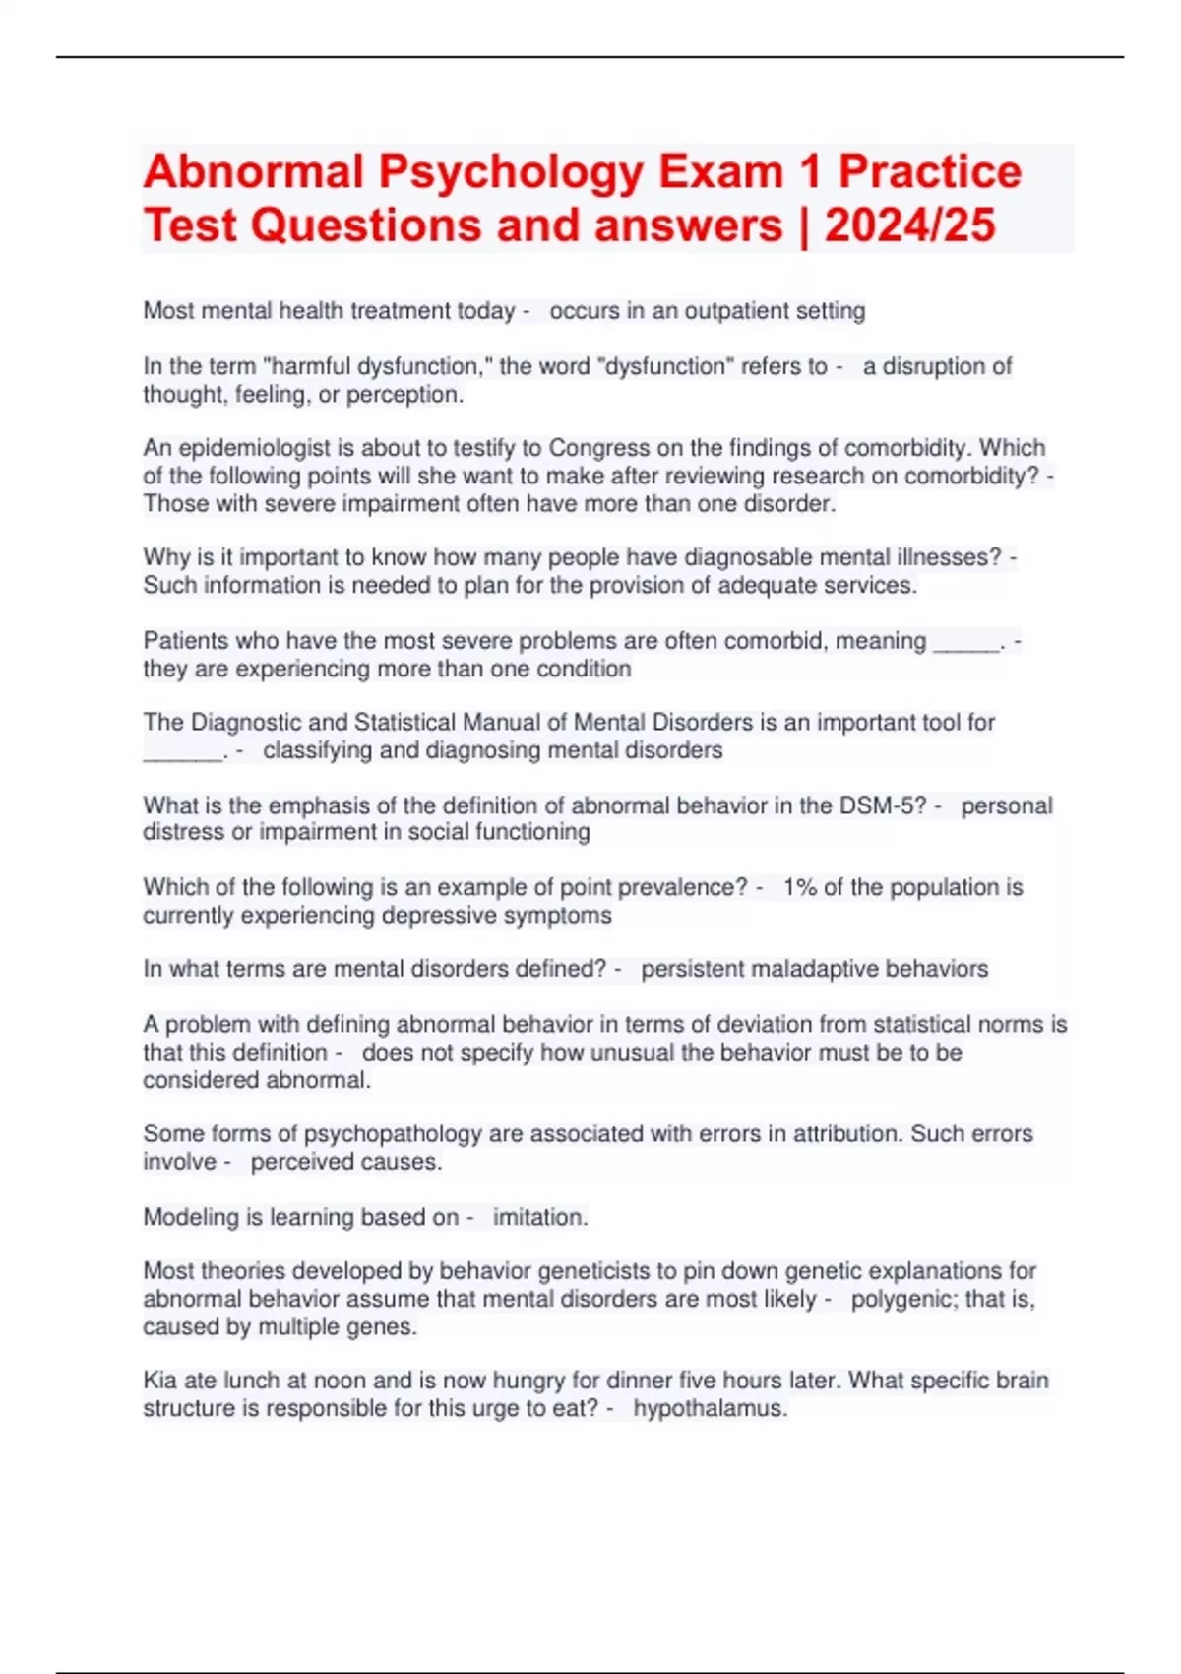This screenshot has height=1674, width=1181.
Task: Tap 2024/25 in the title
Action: coord(909,225)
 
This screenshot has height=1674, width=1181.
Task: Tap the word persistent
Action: coord(692,969)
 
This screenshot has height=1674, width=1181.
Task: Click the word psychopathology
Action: coord(393,1134)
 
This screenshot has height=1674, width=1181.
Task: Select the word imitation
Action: coord(539,1218)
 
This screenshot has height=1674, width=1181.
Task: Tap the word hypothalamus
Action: coord(709,1409)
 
